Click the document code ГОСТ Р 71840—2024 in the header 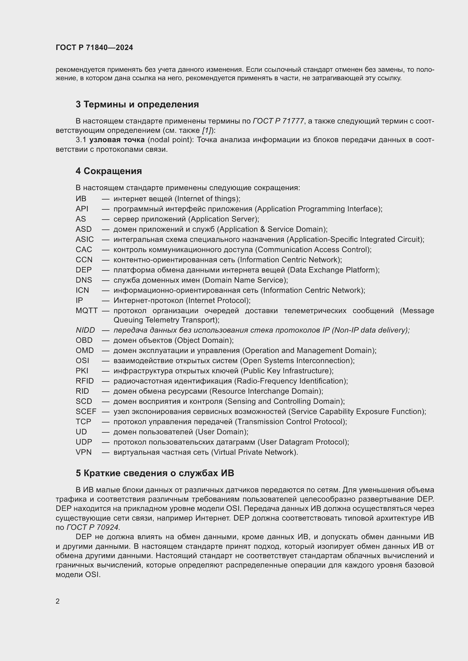pos(94,47)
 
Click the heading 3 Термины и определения pos(137,104)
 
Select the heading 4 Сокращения pos(109,171)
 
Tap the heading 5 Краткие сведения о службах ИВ pos(155,473)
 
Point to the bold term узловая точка pos(117,140)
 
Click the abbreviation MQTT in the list pos(87,311)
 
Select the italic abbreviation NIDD pos(85,330)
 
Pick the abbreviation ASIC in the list pos(84,240)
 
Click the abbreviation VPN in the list pos(83,452)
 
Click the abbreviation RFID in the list pos(84,381)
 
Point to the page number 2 pos(58,601)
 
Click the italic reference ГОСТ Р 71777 pos(278,121)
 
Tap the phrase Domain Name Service pos(245,280)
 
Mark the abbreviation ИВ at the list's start pos(81,199)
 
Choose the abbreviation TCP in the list pos(83,422)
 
